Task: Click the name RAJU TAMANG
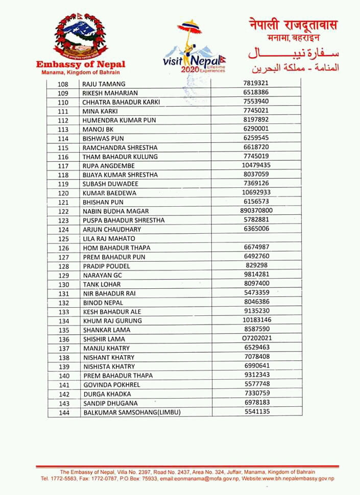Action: point(104,84)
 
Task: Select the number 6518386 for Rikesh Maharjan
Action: point(256,92)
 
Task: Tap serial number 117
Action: point(63,166)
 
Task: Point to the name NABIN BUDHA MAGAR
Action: point(116,211)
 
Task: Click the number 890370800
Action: point(256,211)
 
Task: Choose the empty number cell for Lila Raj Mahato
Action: point(256,238)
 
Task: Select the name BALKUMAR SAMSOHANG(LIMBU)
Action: point(132,412)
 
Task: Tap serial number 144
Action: point(64,412)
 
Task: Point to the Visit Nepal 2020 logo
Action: point(195,48)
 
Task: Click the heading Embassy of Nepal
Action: point(81,65)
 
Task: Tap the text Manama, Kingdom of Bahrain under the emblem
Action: point(81,72)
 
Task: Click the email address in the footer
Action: point(198,479)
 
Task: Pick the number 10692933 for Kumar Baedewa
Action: point(256,192)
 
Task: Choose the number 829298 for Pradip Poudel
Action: point(256,265)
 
